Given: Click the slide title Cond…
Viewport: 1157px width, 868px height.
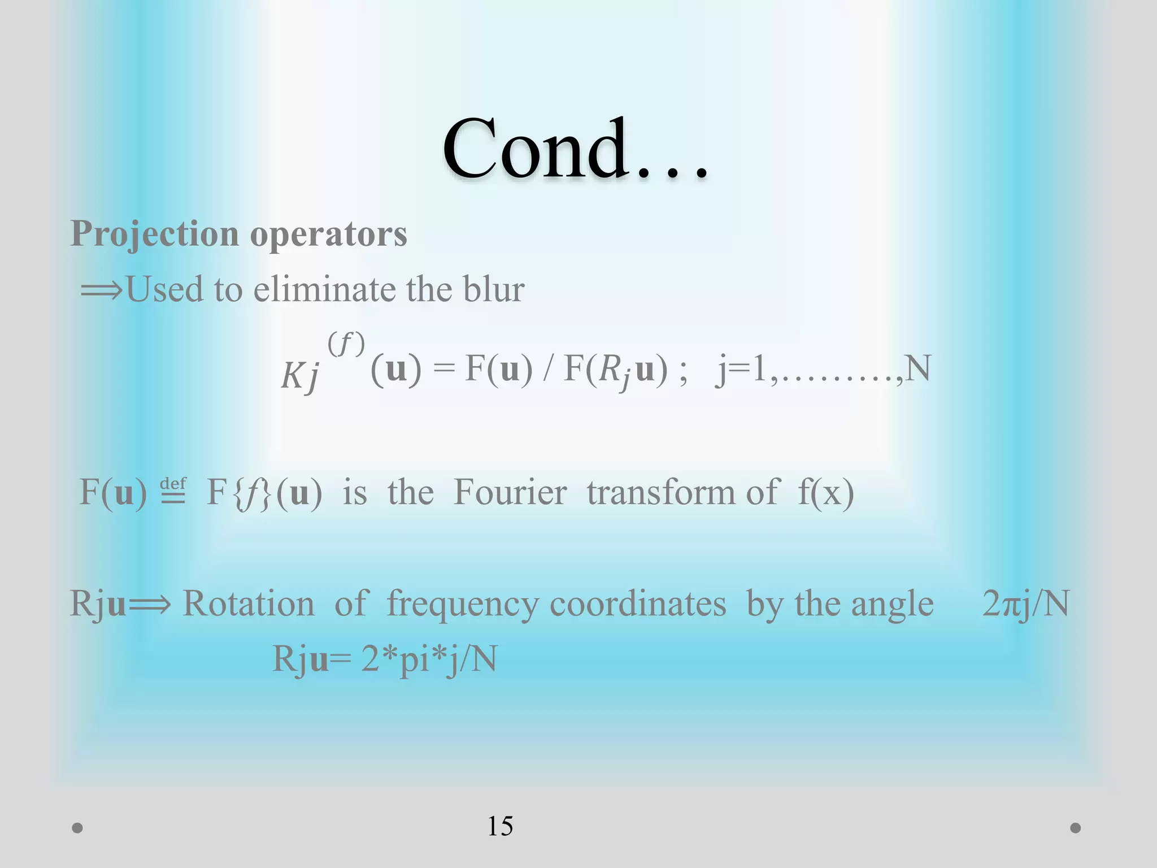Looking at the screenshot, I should pos(575,149).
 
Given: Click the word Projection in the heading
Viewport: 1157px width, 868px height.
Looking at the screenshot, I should pos(154,234).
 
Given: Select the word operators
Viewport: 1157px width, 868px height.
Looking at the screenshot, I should pos(328,234).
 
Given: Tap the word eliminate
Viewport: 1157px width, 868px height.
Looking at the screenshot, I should pos(324,289).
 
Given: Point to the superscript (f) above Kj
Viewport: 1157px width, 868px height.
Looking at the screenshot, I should pos(346,344).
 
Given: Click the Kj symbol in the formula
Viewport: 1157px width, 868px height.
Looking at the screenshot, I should pos(300,374).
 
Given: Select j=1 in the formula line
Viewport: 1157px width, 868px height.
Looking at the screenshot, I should pos(740,370).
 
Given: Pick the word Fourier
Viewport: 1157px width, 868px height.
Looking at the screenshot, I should pos(510,492).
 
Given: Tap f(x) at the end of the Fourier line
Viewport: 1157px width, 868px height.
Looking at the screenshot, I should pos(825,492).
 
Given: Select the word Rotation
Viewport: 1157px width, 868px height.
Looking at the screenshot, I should pos(249,604).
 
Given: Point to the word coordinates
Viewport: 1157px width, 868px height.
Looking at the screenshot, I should pos(638,604).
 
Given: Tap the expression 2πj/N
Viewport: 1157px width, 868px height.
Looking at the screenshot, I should pos(1025,604).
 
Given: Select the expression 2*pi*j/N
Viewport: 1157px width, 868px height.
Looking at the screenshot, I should pos(429,659).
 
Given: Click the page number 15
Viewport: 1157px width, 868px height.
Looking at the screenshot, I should pos(500,826).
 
